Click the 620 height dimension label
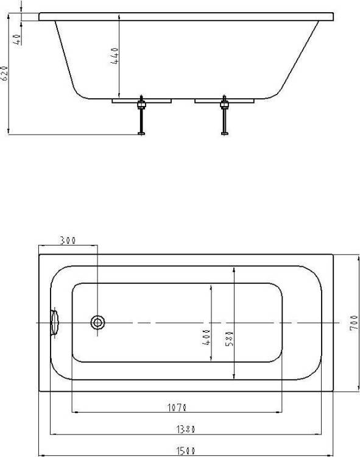pos(4,73)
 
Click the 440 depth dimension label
pos(115,56)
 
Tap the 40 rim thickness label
pos(18,40)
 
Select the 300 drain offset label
pos(68,241)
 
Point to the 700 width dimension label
pos(353,322)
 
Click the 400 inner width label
pos(206,337)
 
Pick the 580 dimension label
pos(230,338)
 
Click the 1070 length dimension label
pos(177,407)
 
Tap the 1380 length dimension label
pos(186,429)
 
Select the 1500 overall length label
pos(186,451)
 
